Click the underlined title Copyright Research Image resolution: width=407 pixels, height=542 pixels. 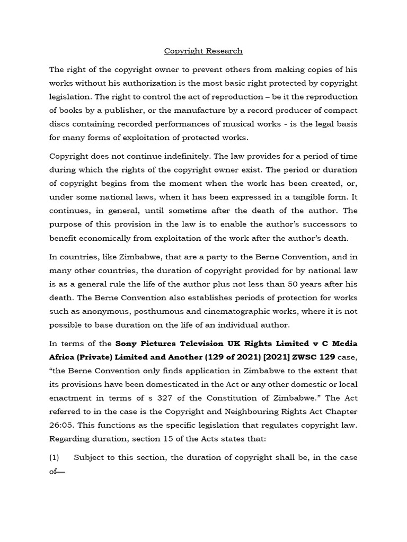tap(203, 51)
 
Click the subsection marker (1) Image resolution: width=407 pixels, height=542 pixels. tap(56, 457)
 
